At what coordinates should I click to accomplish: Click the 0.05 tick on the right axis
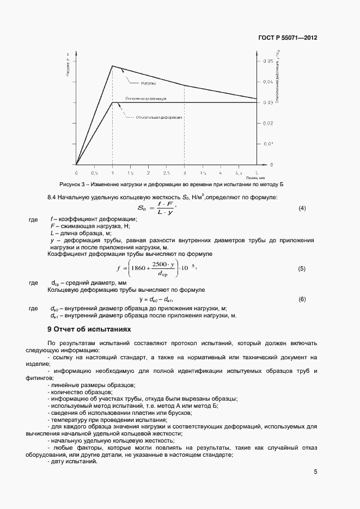tap(267, 61)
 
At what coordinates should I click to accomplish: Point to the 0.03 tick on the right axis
tap(267, 102)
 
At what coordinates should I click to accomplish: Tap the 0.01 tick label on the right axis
tap(267, 144)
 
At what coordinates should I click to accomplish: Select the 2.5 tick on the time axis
tap(166, 172)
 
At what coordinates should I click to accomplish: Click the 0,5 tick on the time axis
tap(94, 172)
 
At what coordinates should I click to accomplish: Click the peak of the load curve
tap(112, 66)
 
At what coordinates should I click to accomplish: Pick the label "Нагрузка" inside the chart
tap(149, 83)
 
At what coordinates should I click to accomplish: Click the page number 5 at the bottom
tap(315, 472)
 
